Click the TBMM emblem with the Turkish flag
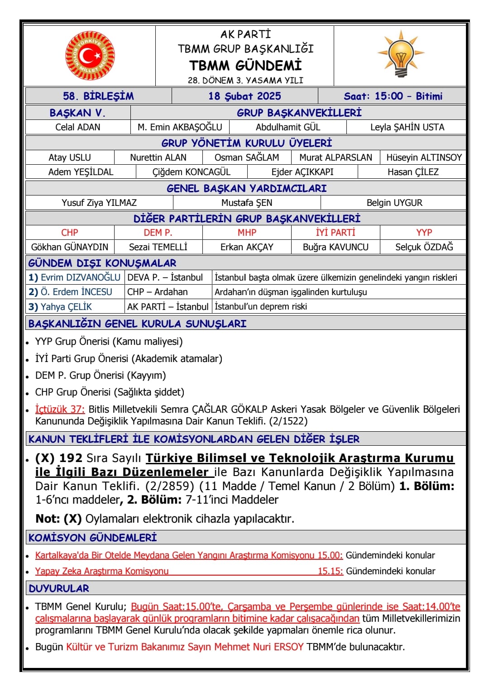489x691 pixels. click(90, 55)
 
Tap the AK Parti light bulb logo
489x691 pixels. click(401, 53)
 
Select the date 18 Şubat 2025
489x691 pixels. click(244, 96)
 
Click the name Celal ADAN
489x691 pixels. click(78, 127)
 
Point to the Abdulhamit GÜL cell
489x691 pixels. click(288, 127)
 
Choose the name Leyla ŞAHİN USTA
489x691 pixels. click(407, 127)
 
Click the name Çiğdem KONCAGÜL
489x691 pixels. click(191, 172)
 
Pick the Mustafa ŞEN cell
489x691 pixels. click(247, 203)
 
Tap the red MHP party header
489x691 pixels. click(247, 233)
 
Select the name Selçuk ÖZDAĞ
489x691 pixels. click(424, 247)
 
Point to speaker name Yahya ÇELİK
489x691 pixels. click(66, 307)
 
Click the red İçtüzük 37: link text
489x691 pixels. click(60, 409)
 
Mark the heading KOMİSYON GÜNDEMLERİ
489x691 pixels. click(92, 538)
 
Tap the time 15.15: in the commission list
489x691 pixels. click(330, 571)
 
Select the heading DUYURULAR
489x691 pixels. click(59, 588)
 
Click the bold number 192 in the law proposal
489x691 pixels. click(71, 458)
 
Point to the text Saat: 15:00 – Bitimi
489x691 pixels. click(393, 96)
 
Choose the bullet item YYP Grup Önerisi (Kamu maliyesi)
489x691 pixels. click(109, 342)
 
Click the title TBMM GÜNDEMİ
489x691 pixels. click(245, 66)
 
